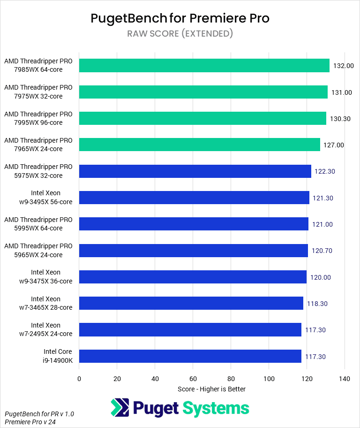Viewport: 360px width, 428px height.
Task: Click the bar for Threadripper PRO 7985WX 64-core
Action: pyautogui.click(x=204, y=66)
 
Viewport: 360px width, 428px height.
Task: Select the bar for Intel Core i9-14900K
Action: pyautogui.click(x=190, y=356)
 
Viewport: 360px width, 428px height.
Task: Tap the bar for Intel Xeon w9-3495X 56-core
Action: pyautogui.click(x=194, y=198)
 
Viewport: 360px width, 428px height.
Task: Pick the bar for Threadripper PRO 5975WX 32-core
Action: pyautogui.click(x=195, y=171)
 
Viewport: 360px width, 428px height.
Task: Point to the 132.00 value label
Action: pyautogui.click(x=344, y=66)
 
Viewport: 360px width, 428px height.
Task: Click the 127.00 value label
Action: pyautogui.click(x=334, y=145)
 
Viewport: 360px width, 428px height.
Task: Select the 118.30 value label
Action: pyautogui.click(x=317, y=304)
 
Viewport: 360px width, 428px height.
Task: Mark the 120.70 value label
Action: pyautogui.click(x=322, y=251)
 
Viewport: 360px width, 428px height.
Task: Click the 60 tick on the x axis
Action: pyautogui.click(x=193, y=379)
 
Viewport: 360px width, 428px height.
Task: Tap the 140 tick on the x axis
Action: pyautogui.click(x=345, y=379)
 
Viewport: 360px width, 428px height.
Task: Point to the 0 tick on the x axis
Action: pyautogui.click(x=79, y=379)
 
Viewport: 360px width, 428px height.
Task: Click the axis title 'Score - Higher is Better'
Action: pyautogui.click(x=212, y=389)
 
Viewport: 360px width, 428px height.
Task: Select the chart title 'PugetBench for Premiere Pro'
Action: pyautogui.click(x=180, y=18)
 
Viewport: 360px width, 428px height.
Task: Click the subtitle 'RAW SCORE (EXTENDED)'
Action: pyautogui.click(x=180, y=34)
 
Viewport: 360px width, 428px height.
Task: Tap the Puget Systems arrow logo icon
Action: pyautogui.click(x=120, y=407)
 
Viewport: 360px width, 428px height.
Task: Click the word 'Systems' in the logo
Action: pyautogui.click(x=216, y=408)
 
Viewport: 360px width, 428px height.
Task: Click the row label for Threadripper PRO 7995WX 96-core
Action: pyautogui.click(x=38, y=118)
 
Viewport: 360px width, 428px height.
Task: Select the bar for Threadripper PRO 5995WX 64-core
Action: pyautogui.click(x=194, y=224)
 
